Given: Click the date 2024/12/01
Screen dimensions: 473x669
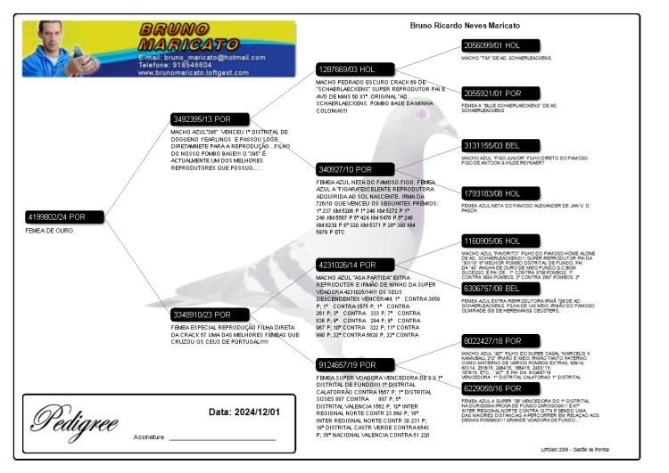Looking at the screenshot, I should [x=244, y=412].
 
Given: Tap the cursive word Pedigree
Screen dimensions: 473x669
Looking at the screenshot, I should [x=74, y=417].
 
